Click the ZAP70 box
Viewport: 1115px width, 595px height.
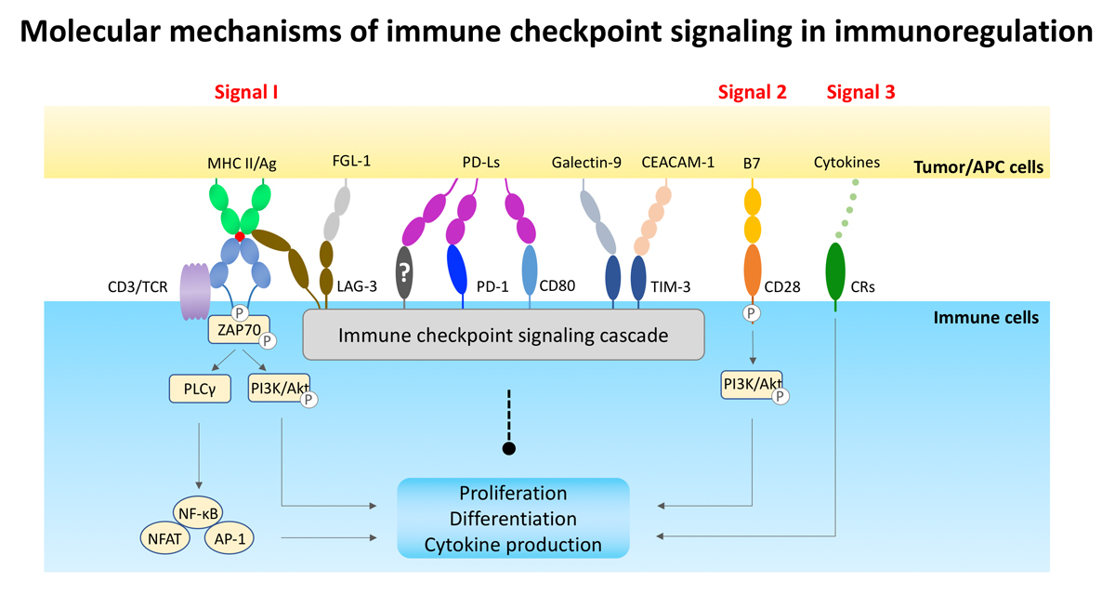point(239,330)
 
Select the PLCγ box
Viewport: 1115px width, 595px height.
point(200,389)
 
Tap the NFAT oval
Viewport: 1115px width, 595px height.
point(164,538)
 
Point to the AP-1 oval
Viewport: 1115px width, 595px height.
point(230,538)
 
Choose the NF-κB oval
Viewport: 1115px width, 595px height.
point(198,513)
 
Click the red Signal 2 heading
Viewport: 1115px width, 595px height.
point(752,92)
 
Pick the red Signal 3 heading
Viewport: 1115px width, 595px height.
point(860,92)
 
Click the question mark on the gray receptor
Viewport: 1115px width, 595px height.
point(404,271)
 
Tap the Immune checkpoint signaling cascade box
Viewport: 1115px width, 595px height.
point(504,335)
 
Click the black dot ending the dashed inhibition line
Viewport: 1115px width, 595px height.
point(509,449)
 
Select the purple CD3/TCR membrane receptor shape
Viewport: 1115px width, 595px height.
point(195,291)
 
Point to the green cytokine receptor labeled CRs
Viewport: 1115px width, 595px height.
point(835,271)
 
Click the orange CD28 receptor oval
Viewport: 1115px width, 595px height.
point(752,271)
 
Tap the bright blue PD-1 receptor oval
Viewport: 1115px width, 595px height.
point(457,270)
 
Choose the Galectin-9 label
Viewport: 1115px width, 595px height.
point(586,163)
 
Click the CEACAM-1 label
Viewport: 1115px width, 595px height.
point(677,162)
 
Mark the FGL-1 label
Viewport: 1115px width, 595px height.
point(351,161)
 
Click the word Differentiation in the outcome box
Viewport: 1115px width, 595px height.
point(513,519)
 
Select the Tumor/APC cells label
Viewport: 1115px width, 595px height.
point(978,166)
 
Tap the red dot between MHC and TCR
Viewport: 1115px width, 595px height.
point(240,237)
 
